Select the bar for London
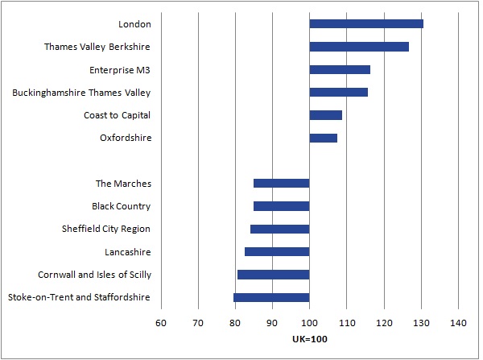[366, 23]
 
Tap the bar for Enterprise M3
[340, 69]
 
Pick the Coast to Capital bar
[326, 115]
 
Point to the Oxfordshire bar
[324, 138]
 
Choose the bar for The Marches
[281, 184]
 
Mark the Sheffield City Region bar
[279, 229]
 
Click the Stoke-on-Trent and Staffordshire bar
[271, 297]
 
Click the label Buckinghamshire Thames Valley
[81, 93]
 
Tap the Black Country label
[121, 206]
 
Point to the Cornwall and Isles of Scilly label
[94, 275]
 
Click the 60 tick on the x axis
[161, 324]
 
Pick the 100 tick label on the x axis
[310, 324]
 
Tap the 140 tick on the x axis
[459, 324]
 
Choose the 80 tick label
[235, 324]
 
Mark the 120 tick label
[384, 324]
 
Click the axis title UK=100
[310, 339]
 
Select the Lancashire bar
[277, 252]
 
